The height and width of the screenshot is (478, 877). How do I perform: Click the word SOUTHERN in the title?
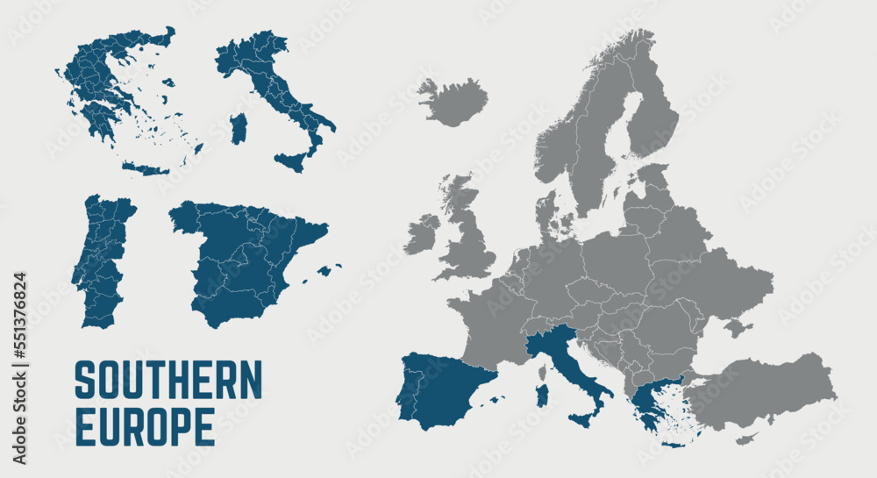(x=168, y=379)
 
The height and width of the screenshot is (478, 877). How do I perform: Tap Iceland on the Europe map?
(x=453, y=100)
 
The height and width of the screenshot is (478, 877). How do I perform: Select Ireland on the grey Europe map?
(x=421, y=234)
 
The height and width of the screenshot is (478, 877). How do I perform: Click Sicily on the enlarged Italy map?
(x=290, y=161)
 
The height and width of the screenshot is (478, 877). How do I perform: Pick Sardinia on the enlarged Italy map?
(x=239, y=129)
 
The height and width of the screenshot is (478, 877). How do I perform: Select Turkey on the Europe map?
(x=763, y=390)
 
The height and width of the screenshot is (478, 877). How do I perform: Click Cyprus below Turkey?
(x=745, y=438)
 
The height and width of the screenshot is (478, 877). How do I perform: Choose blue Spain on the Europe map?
(x=443, y=390)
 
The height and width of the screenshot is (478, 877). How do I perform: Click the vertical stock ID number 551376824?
(x=19, y=368)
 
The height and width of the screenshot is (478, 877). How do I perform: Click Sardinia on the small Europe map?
(x=542, y=396)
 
